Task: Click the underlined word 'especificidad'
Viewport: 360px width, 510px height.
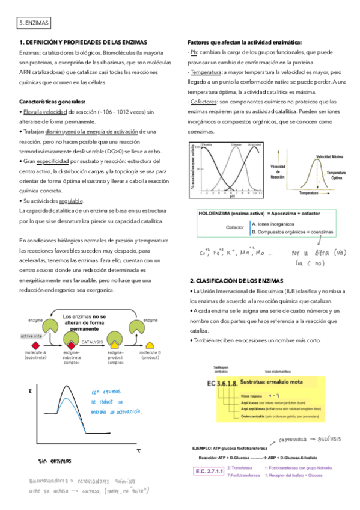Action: tap(53, 162)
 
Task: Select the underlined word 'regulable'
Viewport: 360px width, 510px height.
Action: tap(72, 201)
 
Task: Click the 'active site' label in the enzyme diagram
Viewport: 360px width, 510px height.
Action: tap(30, 336)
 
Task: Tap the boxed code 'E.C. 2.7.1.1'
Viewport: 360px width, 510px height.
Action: tap(207, 474)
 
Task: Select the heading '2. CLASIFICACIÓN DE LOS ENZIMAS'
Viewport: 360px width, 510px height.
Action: tap(240, 280)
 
